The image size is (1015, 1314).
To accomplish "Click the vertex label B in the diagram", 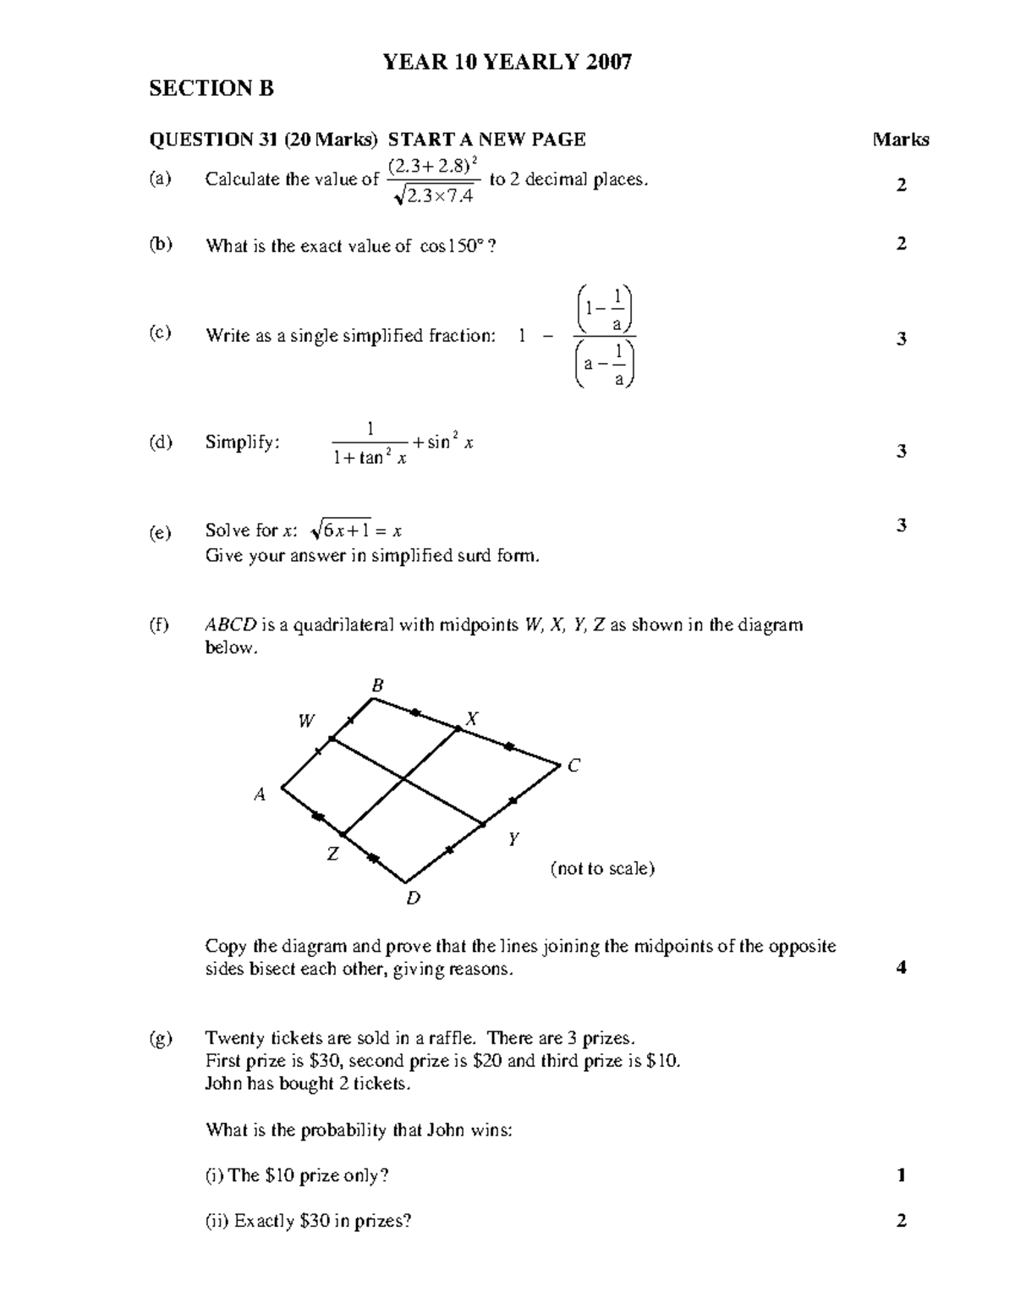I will click(x=378, y=685).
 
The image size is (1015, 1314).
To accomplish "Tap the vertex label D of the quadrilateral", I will click(x=413, y=899).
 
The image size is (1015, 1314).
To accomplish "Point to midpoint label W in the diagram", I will click(x=306, y=721).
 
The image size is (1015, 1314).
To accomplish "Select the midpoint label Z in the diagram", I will click(x=332, y=855).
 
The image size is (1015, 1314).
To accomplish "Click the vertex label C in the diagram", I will click(x=573, y=766).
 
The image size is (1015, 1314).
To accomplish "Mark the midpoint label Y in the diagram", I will click(x=513, y=839).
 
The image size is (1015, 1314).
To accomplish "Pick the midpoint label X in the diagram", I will click(x=472, y=719).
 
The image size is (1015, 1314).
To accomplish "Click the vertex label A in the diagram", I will click(x=261, y=794).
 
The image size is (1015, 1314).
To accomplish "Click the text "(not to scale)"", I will click(x=602, y=868).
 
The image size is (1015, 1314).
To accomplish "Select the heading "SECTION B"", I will click(x=211, y=89).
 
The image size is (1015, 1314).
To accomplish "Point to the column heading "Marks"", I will click(x=901, y=140).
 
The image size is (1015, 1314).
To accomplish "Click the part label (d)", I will click(x=161, y=442).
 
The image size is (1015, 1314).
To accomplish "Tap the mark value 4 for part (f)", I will click(x=901, y=968).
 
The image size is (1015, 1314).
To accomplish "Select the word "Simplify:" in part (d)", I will click(x=242, y=442).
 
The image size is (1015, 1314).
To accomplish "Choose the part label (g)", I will click(x=161, y=1038).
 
